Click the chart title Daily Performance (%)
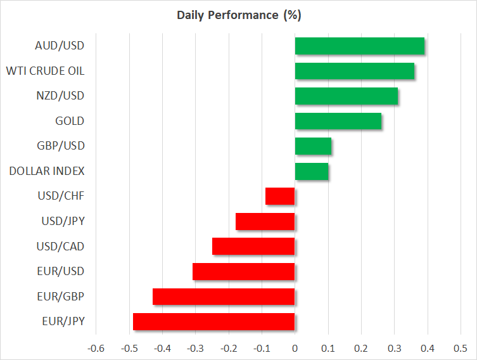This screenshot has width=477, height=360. (238, 14)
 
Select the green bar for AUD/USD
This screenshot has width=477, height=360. (360, 46)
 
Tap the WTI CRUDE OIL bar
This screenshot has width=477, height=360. (355, 71)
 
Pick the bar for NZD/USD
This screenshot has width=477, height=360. (347, 96)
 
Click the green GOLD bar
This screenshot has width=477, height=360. (338, 121)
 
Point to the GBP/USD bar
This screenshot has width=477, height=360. (313, 146)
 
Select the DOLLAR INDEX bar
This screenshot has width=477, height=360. (312, 171)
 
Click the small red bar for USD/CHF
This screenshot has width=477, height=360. (280, 196)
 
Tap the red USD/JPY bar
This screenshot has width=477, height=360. (265, 221)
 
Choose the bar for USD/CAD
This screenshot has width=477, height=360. (253, 247)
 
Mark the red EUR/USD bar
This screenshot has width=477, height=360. (244, 271)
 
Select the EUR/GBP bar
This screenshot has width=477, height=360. (224, 297)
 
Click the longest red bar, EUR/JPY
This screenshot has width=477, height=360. (214, 321)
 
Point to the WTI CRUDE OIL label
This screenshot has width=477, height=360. (45, 71)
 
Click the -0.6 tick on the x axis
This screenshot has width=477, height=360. (96, 348)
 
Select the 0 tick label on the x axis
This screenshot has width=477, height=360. (295, 348)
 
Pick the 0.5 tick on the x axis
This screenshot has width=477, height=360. (461, 348)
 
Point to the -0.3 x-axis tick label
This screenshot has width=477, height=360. (195, 348)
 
